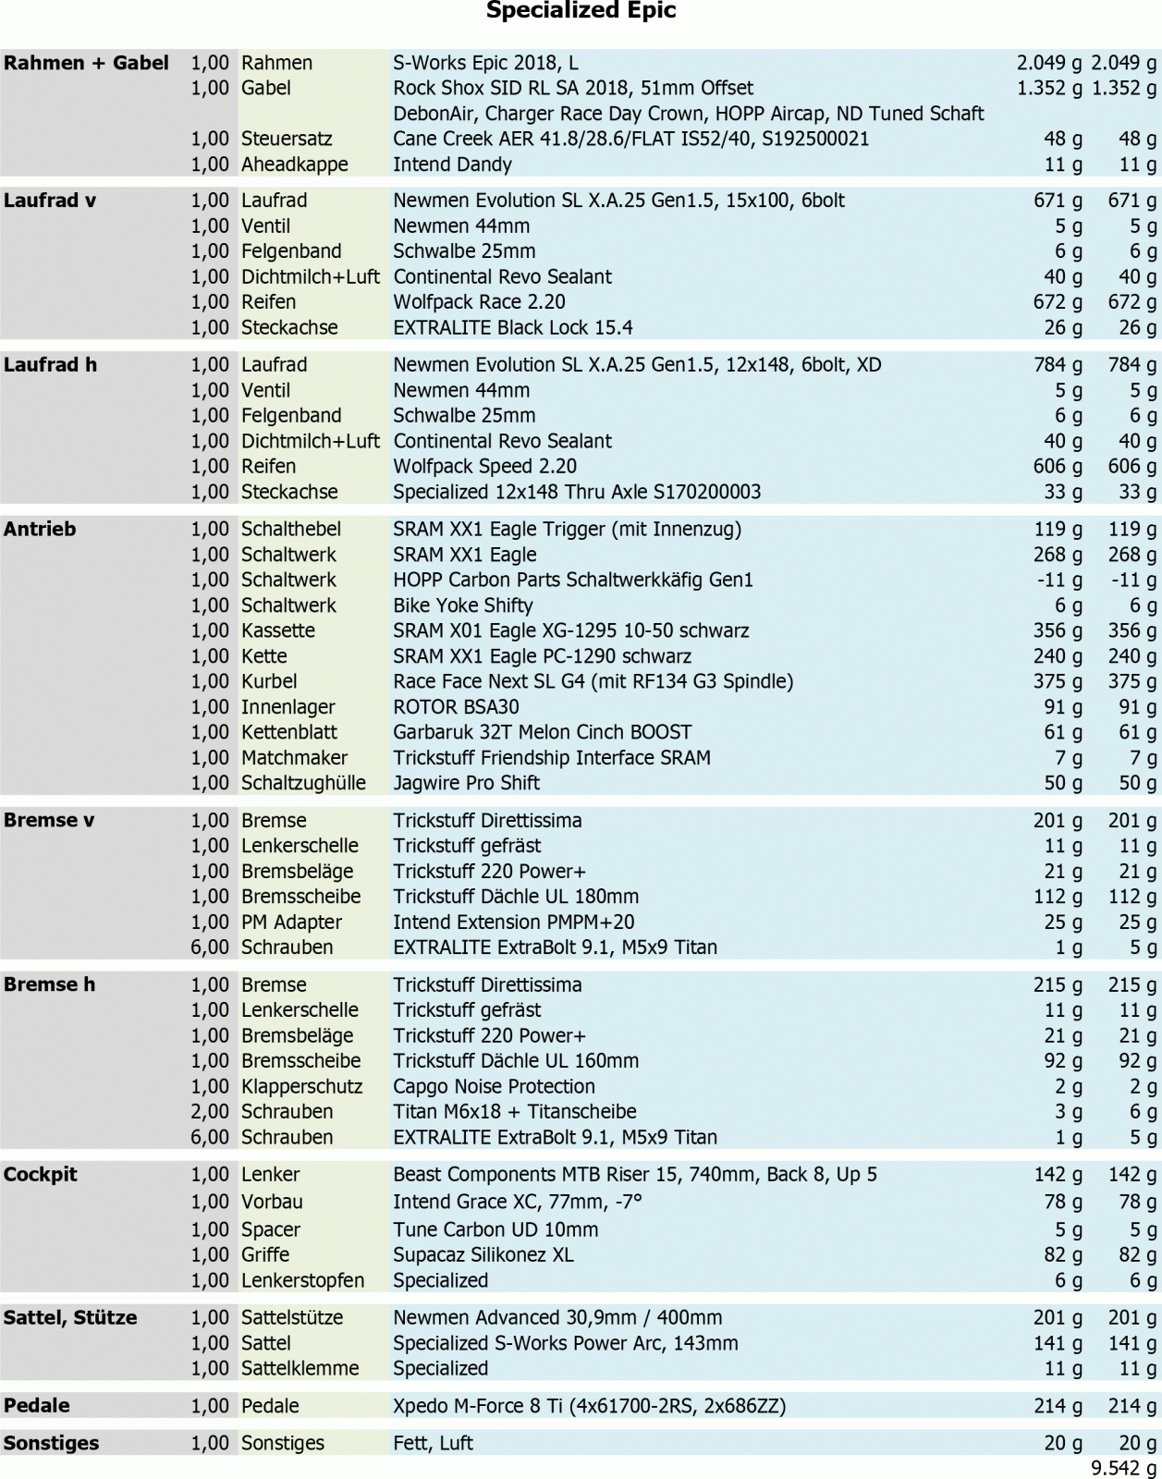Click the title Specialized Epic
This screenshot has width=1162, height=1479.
581,11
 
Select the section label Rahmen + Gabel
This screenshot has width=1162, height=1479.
86,63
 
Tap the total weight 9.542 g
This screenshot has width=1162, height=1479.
1123,1468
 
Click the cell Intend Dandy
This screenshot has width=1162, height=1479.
452,165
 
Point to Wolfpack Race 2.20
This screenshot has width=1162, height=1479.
479,302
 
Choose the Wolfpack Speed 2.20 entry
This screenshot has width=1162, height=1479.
484,467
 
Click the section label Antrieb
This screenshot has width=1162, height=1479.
40,530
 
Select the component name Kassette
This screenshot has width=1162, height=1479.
277,631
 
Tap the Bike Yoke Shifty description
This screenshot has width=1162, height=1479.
462,605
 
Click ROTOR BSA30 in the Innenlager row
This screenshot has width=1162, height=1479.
456,707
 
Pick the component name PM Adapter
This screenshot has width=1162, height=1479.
291,923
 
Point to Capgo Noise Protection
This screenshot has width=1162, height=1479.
494,1087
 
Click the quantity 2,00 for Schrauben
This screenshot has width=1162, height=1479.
210,1112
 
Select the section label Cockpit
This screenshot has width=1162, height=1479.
40,1175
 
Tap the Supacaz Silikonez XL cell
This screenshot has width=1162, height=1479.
483,1255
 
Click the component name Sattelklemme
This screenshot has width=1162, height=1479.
300,1369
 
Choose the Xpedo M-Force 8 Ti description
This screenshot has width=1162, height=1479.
589,1407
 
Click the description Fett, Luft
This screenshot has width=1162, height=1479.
433,1444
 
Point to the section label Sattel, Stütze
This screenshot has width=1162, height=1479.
70,1318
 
